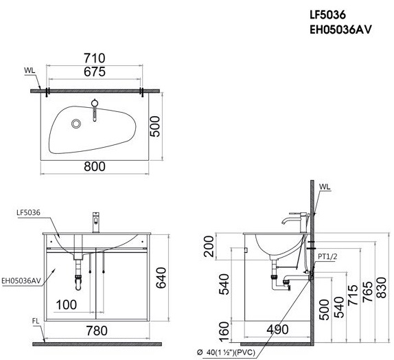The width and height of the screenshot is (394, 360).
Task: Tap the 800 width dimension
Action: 95,166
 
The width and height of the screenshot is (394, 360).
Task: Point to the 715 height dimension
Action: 352,294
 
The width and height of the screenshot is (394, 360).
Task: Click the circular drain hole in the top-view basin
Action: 76,124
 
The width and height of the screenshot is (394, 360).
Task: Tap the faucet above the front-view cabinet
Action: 96,222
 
